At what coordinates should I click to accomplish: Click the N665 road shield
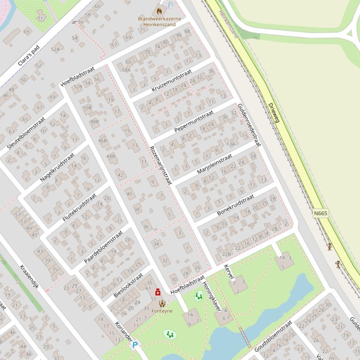point(321,213)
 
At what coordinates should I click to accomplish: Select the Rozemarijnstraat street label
point(161,164)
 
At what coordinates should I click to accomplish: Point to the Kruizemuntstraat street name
point(172,81)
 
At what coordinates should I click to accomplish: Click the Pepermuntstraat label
point(193,121)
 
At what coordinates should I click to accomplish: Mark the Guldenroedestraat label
point(249,124)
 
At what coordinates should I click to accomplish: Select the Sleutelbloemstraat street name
point(26,133)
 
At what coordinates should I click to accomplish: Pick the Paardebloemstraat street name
point(103,246)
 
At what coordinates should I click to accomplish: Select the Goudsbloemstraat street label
point(273,336)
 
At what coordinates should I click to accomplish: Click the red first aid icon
point(158,292)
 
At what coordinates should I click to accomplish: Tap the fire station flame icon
point(159,10)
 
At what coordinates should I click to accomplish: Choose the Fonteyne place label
point(162,311)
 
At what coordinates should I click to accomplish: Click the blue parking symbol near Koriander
point(135,345)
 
